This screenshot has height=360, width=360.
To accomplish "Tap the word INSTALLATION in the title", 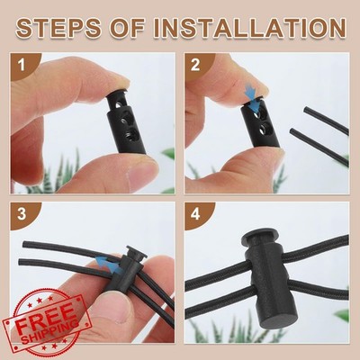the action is (250, 28).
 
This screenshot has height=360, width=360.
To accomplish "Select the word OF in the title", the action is (128, 28).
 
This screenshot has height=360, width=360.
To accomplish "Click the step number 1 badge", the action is (22, 65).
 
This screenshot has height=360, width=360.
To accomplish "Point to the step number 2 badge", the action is (195, 65).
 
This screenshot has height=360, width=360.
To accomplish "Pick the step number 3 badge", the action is (22, 214).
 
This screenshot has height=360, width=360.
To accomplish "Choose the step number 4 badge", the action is (195, 214).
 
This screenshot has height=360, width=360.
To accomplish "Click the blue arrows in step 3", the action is (109, 263).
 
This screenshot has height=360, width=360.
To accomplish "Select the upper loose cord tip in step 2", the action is (305, 110).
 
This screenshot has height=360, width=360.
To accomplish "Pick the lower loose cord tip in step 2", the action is (292, 131).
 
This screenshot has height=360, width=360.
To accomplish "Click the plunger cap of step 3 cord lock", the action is (136, 252).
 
